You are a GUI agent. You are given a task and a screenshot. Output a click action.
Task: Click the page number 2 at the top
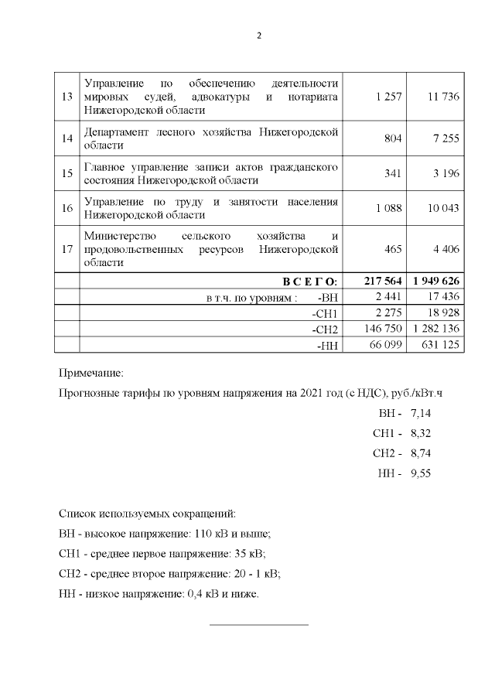(259, 36)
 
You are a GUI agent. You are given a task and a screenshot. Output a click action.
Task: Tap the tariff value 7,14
(421, 414)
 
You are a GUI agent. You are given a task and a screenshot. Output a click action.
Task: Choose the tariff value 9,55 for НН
(421, 473)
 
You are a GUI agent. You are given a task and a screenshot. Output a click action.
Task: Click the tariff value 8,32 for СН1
(421, 433)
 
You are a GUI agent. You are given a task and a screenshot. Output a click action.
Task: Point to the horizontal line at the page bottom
(259, 623)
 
